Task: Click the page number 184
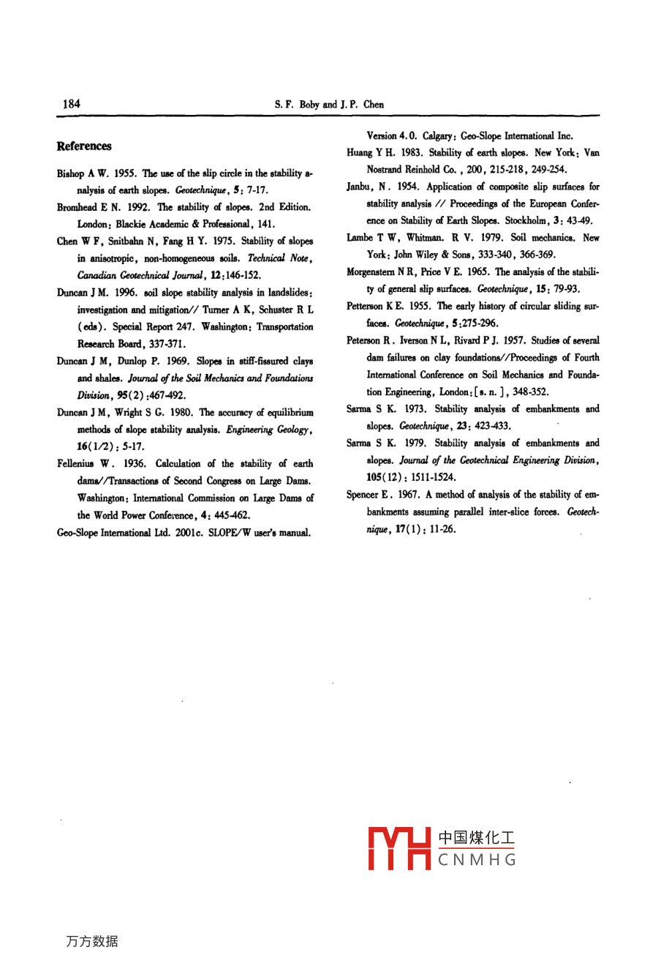tap(71, 104)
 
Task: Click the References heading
tap(84, 146)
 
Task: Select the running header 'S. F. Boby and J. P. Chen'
tap(329, 105)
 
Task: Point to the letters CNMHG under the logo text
tap(477, 860)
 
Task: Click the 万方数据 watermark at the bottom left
tap(91, 942)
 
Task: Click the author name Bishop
tap(71, 173)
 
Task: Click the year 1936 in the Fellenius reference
tap(134, 464)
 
